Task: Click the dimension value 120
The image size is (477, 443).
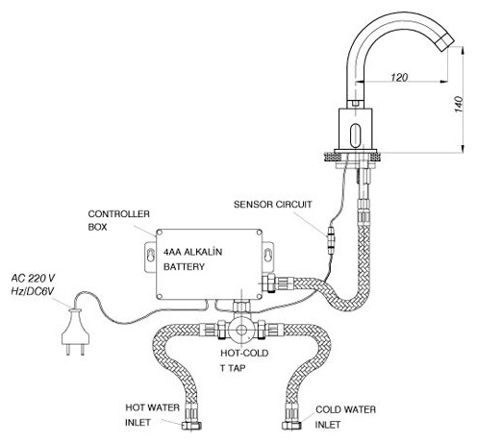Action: (x=399, y=77)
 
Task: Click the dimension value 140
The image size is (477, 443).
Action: (x=459, y=104)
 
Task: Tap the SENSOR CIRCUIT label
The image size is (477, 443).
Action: (x=273, y=205)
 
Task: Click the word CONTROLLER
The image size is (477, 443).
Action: (x=118, y=214)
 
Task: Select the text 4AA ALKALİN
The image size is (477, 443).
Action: (x=192, y=252)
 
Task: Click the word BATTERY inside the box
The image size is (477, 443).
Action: (x=184, y=266)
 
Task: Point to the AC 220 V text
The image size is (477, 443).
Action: (x=33, y=278)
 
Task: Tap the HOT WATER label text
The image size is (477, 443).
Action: (x=152, y=407)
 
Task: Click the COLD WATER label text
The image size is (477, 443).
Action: (x=345, y=409)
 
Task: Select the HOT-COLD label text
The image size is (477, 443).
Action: (x=244, y=353)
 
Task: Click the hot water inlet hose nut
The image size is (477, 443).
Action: (x=191, y=426)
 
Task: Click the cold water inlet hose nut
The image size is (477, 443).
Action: (x=291, y=426)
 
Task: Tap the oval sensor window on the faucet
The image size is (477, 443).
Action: (x=355, y=135)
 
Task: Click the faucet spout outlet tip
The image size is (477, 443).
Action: (x=446, y=43)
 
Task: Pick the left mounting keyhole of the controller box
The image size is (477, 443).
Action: (x=150, y=256)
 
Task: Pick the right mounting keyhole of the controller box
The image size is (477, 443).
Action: (x=267, y=256)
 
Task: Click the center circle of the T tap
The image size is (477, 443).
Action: (x=241, y=330)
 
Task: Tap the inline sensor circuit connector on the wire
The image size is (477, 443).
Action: (x=331, y=240)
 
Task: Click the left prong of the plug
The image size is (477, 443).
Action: (x=68, y=350)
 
